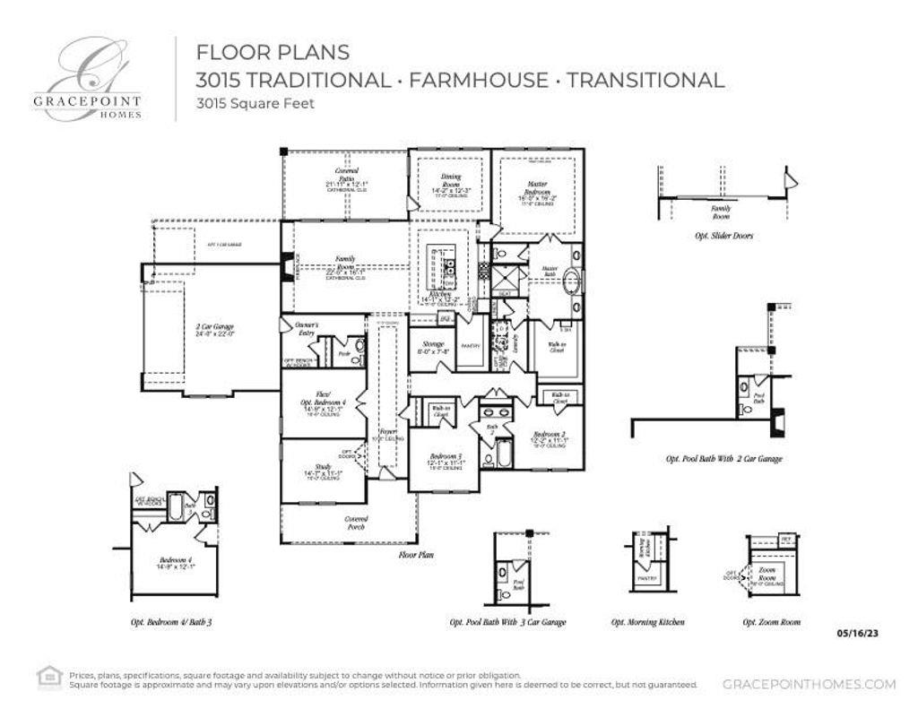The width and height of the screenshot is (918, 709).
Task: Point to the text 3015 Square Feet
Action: pos(255,103)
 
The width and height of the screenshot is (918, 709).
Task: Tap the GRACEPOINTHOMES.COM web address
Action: pos(808,684)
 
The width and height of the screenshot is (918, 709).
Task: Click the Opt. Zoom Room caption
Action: pos(771,622)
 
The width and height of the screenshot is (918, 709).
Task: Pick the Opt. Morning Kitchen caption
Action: pos(648,622)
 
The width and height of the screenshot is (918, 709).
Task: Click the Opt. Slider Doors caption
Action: pos(723,236)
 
